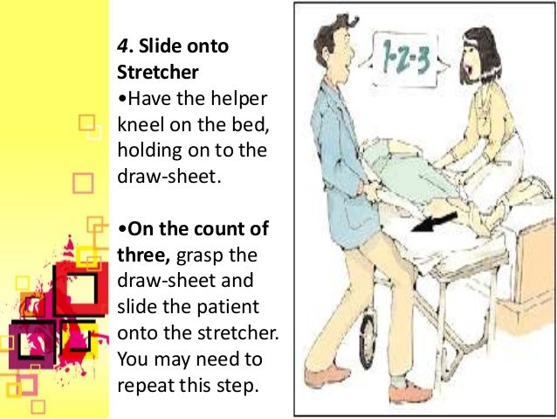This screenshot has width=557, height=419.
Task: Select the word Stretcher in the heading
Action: click(x=153, y=72)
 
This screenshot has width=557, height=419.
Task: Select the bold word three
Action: click(x=139, y=255)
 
